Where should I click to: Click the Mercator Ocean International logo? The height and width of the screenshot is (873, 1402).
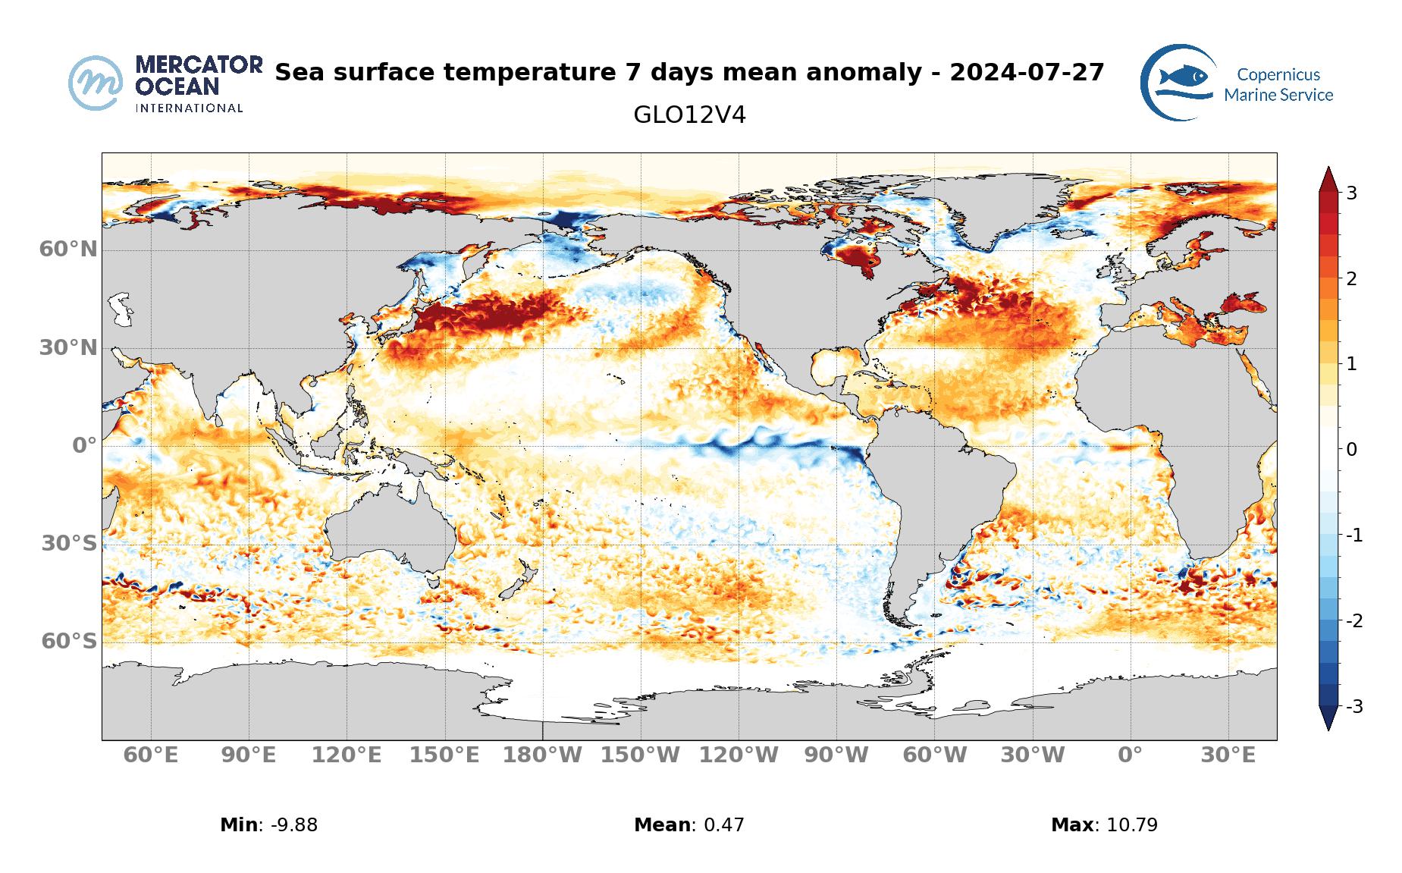[x=165, y=83]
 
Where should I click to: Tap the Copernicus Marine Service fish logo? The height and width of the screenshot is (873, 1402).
[x=1178, y=82]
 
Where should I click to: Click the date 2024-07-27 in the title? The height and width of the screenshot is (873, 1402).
[x=1027, y=73]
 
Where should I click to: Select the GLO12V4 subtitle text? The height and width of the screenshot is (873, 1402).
[x=689, y=115]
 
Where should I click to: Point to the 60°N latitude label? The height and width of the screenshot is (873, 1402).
[x=68, y=249]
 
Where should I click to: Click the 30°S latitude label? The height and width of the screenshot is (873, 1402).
[x=69, y=544]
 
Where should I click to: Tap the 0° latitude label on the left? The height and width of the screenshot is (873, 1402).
[x=84, y=446]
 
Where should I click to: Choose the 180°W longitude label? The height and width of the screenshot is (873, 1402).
[x=543, y=755]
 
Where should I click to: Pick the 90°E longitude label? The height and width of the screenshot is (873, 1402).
[x=249, y=755]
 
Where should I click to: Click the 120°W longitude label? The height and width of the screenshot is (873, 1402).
[x=739, y=755]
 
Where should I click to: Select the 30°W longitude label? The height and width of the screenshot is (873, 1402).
[x=1033, y=755]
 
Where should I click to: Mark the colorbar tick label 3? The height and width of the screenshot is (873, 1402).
[x=1351, y=193]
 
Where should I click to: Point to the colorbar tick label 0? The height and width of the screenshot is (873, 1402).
[x=1351, y=450]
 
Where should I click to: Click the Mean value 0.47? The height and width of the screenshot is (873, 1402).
[x=724, y=825]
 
